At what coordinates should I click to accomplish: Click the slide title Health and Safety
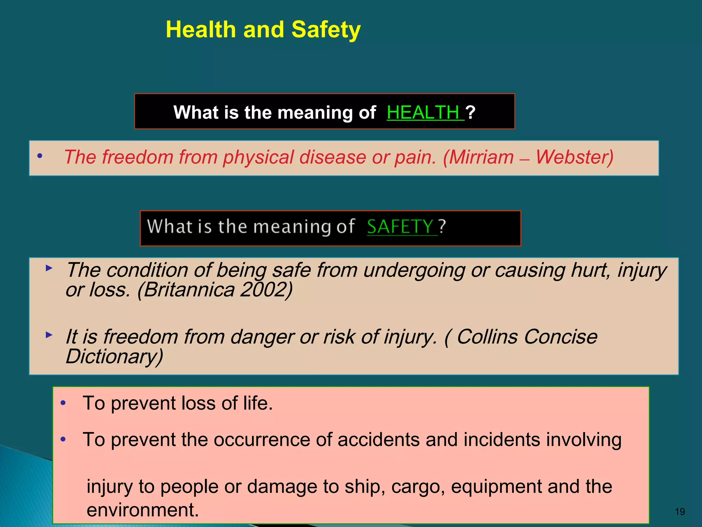(263, 30)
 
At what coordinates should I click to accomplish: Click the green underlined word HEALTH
(423, 113)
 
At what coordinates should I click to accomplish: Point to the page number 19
(679, 512)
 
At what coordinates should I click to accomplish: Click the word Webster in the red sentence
(574, 157)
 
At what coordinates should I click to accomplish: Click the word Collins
(487, 337)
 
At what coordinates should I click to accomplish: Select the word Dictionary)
(114, 356)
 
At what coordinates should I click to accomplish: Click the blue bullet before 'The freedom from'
(40, 156)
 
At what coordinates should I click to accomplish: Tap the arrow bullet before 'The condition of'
(49, 268)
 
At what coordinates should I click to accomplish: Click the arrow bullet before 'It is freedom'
(49, 335)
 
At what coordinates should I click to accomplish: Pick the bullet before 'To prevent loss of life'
(63, 403)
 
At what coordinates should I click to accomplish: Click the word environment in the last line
(142, 510)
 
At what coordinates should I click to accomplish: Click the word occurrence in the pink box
(273, 440)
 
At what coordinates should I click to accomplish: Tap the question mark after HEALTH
(471, 113)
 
